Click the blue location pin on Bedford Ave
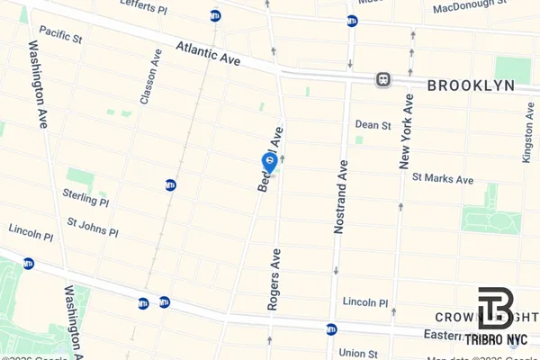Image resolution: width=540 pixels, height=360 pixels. click(269, 161)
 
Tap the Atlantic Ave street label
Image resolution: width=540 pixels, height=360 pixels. click(208, 53)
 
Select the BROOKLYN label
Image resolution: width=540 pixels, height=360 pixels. click(471, 85)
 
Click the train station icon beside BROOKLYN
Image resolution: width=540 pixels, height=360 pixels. click(383, 79)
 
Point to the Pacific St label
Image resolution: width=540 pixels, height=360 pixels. click(60, 39)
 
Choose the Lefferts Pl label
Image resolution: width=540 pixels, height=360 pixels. click(169, 4)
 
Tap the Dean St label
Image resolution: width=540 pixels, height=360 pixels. click(373, 125)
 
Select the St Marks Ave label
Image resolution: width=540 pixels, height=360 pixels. click(442, 179)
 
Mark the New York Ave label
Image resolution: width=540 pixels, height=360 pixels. click(406, 130)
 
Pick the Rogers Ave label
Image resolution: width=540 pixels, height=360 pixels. click(274, 279)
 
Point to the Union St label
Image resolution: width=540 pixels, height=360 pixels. click(358, 353)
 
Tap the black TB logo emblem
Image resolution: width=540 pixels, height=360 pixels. click(495, 309)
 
